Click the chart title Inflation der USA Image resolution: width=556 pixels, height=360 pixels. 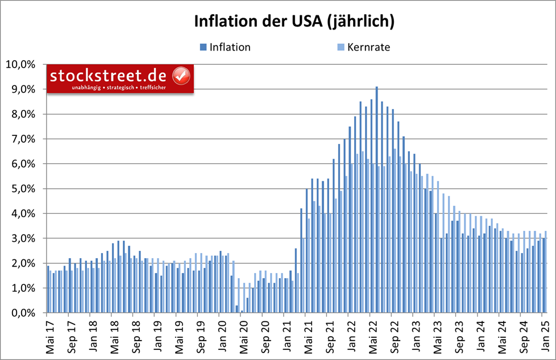pos(294,22)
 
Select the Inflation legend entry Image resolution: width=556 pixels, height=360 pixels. pos(230,47)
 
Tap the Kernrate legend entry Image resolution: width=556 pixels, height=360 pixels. pos(368,47)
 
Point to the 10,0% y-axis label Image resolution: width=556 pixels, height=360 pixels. pos(20,64)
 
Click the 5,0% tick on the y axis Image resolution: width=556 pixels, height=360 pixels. pos(22,189)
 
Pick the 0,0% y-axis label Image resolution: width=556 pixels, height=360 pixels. pos(22,313)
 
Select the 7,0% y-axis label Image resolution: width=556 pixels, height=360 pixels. pos(22,139)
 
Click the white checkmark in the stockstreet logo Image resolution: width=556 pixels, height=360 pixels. pos(181,75)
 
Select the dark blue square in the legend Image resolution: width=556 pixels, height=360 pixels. pos(203,47)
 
